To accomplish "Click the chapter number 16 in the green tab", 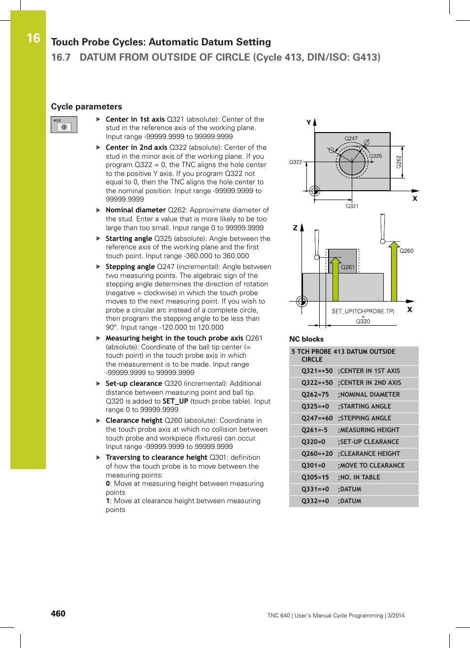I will click(33, 38).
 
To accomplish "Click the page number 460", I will click(58, 614).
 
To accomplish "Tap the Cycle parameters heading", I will click(86, 106).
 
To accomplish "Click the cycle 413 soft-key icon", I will click(64, 125).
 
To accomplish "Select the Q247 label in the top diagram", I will click(351, 138).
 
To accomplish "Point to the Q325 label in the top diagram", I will click(375, 156).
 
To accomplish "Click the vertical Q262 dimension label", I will click(399, 162).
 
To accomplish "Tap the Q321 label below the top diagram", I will click(352, 206).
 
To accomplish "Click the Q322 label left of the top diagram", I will click(296, 162).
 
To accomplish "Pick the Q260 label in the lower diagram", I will click(406, 251).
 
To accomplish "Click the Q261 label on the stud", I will click(348, 267).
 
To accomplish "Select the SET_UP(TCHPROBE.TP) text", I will click(363, 311).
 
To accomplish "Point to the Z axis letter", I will click(295, 228).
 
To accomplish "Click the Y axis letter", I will click(309, 122).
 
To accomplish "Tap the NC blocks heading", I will click(306, 339).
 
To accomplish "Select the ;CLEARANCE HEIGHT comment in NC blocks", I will click(369, 454).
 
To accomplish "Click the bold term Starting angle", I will click(129, 239).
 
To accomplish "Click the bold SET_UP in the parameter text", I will click(175, 401).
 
